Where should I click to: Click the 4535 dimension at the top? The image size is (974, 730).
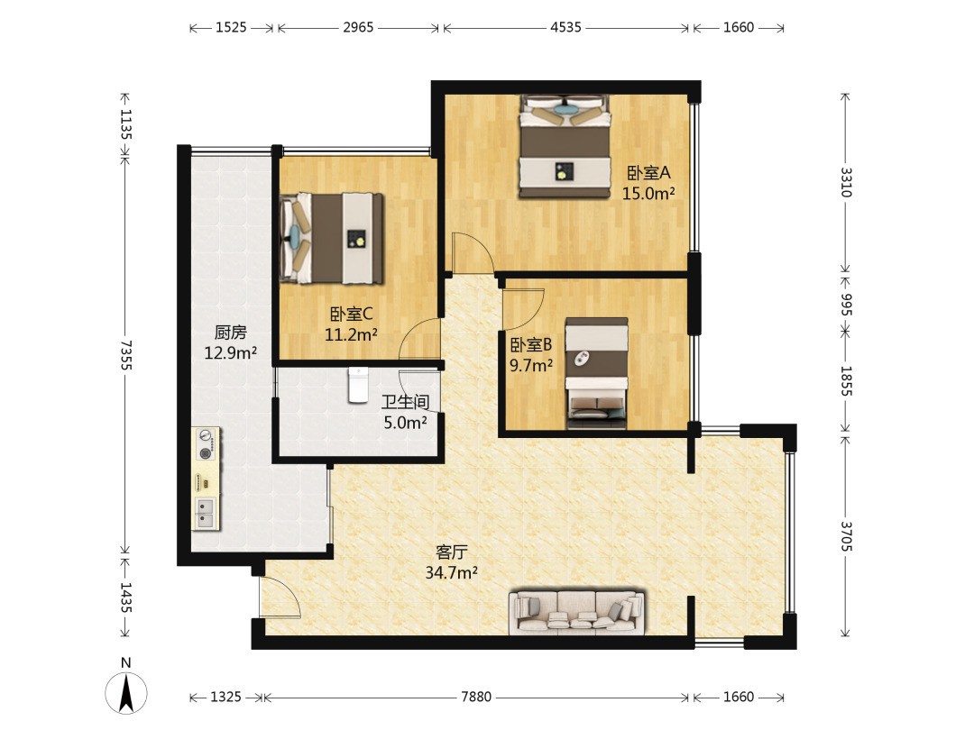click(565, 27)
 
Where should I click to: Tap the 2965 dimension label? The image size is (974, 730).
click(358, 27)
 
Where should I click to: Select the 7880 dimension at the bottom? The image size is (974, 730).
click(476, 697)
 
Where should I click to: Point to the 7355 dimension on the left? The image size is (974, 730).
click(126, 354)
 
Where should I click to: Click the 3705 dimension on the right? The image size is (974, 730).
click(846, 536)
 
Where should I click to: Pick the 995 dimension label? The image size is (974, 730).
click(846, 304)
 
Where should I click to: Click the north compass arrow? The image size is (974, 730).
click(126, 693)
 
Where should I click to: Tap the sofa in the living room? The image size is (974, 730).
click(576, 613)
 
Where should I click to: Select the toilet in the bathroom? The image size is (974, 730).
click(358, 385)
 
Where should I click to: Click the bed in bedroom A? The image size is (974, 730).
click(565, 147)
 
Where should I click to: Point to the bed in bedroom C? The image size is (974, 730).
click(331, 238)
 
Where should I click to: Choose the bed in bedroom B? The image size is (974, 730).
click(596, 373)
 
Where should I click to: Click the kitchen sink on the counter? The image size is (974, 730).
click(205, 513)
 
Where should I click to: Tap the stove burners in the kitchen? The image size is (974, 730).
click(206, 444)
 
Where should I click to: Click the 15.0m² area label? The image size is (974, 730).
click(648, 194)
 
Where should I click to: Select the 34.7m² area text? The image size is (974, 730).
click(451, 573)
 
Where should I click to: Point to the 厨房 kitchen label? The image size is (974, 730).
click(231, 333)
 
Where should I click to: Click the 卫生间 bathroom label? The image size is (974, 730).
click(405, 402)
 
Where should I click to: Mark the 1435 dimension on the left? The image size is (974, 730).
click(126, 598)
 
